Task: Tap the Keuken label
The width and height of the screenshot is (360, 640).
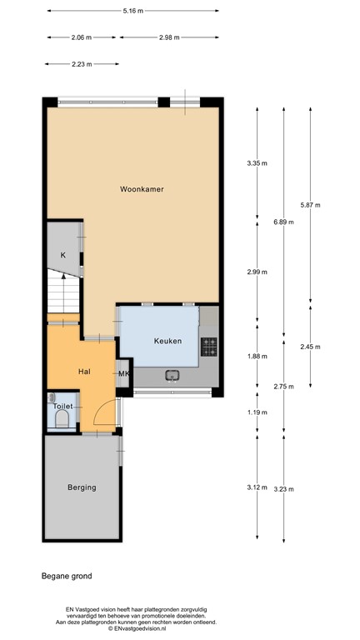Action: click(x=167, y=341)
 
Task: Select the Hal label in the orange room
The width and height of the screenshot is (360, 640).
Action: click(x=83, y=371)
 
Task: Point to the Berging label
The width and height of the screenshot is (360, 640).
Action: click(x=83, y=487)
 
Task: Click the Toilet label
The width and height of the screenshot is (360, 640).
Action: click(x=64, y=406)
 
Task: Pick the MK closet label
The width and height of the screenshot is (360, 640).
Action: click(x=123, y=373)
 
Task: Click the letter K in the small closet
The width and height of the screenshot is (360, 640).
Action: click(x=62, y=255)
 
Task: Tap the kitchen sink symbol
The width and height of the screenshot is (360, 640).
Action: click(x=173, y=374)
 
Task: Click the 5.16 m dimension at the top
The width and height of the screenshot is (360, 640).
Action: click(x=133, y=11)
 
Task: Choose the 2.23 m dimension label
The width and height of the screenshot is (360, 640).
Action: click(x=82, y=63)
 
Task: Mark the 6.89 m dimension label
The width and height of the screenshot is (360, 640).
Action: click(x=284, y=221)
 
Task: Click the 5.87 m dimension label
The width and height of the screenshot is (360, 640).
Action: click(x=310, y=204)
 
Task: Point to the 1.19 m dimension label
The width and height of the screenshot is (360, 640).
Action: click(x=257, y=412)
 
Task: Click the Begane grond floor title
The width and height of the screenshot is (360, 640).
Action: click(x=67, y=576)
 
